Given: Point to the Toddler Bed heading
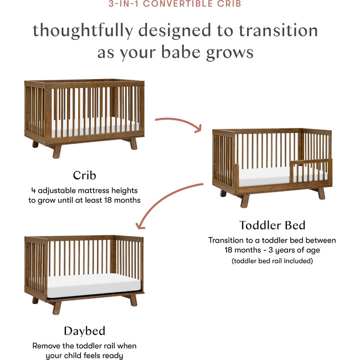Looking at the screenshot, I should pos(272,225).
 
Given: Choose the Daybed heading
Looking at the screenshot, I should pos(84,331).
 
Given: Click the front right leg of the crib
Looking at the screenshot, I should pos(133,143).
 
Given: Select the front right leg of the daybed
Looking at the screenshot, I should pos(133,300).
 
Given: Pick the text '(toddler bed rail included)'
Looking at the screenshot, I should pos(272,260).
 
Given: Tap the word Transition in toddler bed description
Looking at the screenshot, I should pos(228,240).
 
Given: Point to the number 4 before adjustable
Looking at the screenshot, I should pos(33,191).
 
